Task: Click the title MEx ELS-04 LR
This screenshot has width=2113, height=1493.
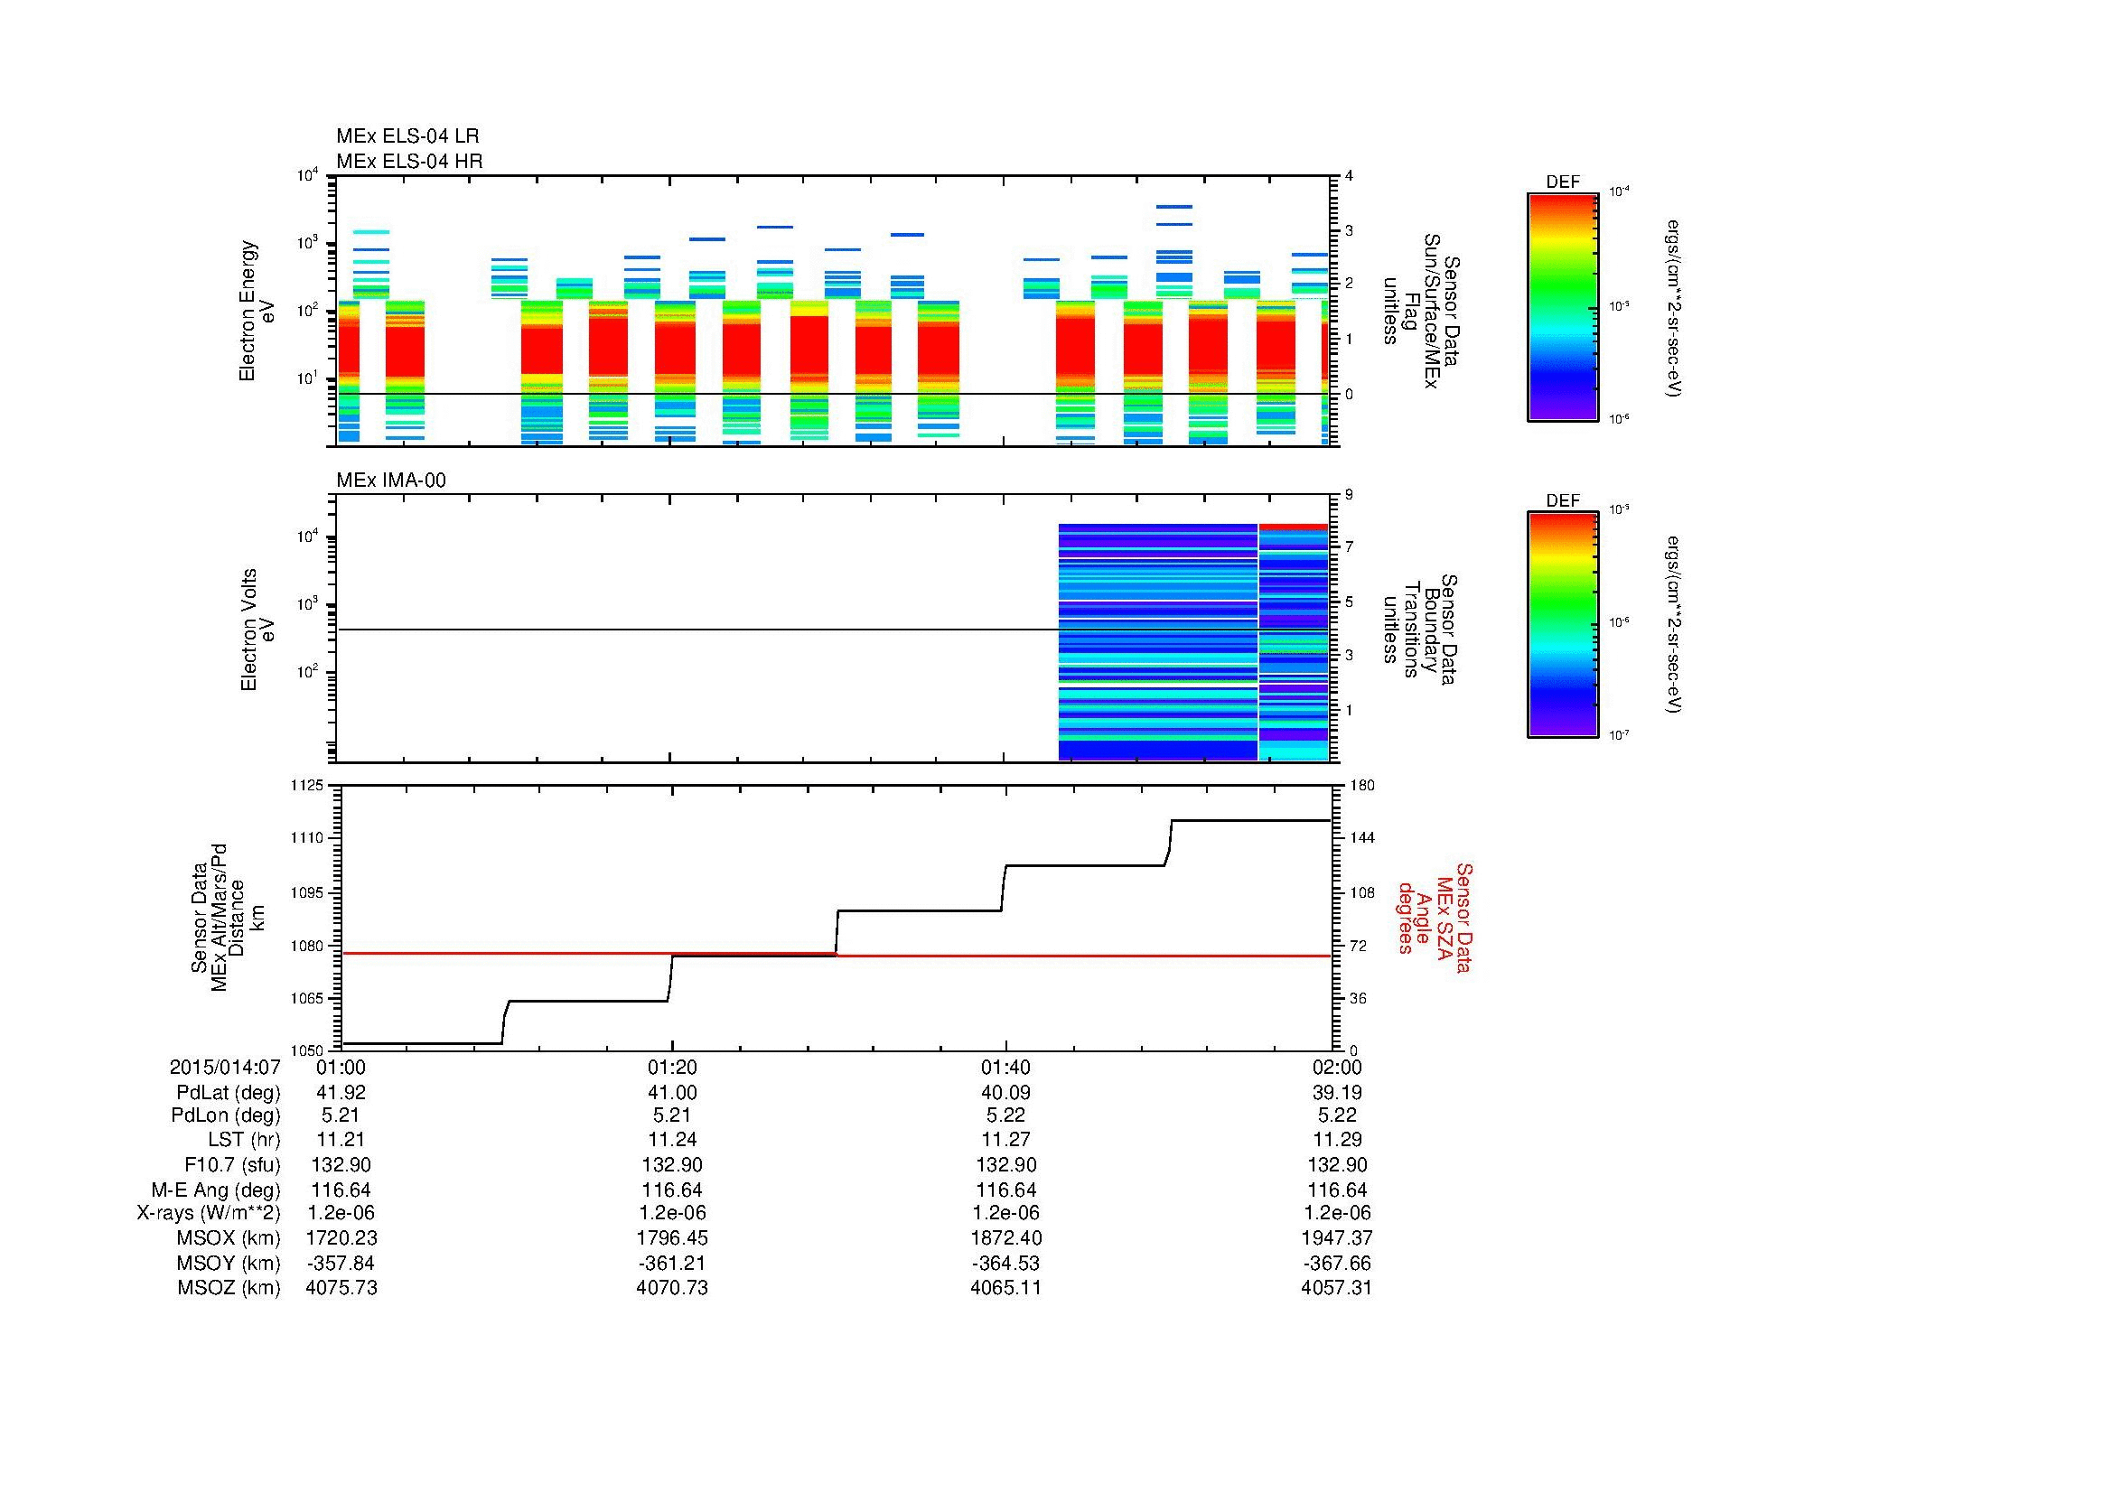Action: [407, 136]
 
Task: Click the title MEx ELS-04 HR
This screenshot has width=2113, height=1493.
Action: [408, 161]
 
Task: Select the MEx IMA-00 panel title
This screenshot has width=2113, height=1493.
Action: [390, 480]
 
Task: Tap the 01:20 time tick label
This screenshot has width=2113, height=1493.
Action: [672, 1067]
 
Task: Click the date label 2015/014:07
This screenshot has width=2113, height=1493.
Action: [225, 1067]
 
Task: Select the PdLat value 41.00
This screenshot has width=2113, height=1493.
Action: [672, 1092]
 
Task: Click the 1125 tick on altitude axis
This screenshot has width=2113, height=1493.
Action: [306, 786]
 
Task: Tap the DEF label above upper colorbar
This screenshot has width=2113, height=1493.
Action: [1562, 182]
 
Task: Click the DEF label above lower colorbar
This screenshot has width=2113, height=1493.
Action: [1562, 501]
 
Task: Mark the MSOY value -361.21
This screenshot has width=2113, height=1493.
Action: [672, 1263]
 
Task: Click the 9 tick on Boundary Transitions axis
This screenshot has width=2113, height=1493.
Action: [1348, 495]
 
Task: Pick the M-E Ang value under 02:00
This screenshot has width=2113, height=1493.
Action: [1336, 1190]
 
